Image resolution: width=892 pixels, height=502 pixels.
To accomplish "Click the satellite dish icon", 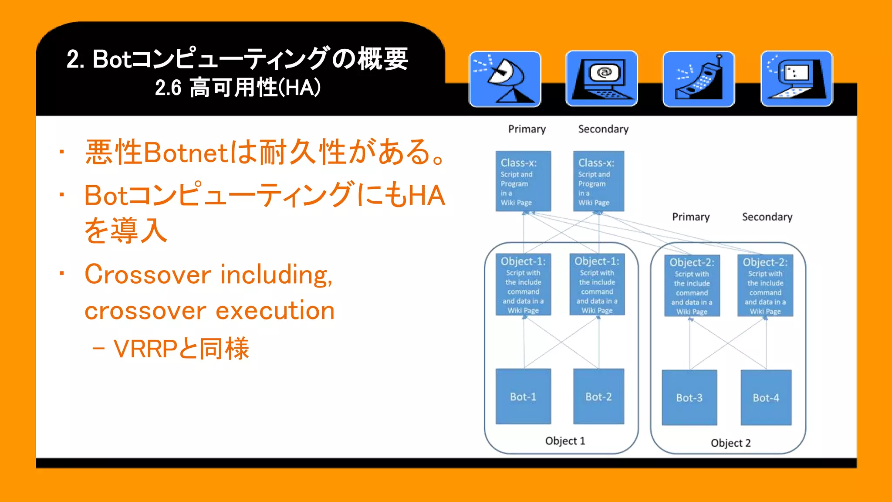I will pos(505,79).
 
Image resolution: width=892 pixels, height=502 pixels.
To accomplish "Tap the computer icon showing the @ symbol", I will pos(601,78).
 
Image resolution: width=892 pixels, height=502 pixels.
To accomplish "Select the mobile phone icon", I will pos(699,79).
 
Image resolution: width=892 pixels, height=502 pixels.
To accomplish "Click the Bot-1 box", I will pos(523,397).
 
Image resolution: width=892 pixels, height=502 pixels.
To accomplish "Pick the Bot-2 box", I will pos(598,397).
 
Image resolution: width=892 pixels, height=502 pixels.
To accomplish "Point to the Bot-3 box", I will pos(689,398).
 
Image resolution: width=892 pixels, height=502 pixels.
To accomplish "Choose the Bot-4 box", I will pos(766,398).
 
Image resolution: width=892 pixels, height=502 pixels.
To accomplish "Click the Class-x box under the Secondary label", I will pos(598,181).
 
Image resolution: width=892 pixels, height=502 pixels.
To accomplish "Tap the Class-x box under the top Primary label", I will pos(523,181).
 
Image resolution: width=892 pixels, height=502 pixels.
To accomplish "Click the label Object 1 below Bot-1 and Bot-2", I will pos(565,441).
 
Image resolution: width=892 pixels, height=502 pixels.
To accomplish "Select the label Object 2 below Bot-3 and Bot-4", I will pos(730,443).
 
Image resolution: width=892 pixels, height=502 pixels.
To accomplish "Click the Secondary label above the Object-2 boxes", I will pos(767,217).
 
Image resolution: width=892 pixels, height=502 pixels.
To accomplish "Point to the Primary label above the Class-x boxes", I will pos(527,129).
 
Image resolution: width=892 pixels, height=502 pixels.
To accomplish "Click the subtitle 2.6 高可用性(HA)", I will pos(238,88).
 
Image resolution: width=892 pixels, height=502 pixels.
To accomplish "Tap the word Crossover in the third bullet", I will pos(148,275).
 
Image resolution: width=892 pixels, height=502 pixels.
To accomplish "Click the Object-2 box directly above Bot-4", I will pos(765,286).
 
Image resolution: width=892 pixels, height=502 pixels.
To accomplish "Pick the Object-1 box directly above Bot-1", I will pos(523,285).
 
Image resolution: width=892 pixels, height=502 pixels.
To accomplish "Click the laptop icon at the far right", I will pos(796,79).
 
